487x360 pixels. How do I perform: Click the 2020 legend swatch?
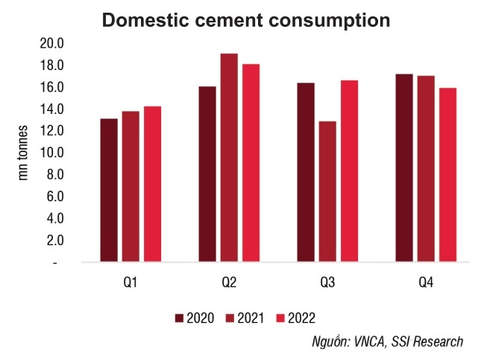coord(180,318)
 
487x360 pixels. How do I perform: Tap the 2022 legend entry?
coord(295,318)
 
